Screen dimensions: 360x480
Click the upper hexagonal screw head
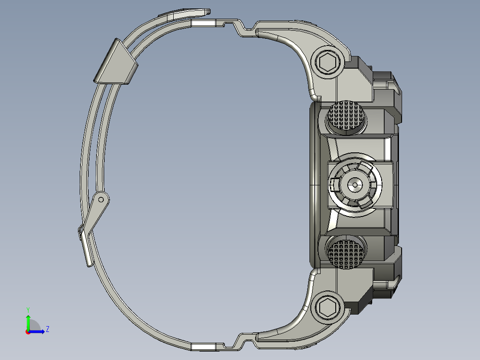click(329, 62)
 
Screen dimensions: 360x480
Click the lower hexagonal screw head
click(329, 307)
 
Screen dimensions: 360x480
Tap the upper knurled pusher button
click(347, 117)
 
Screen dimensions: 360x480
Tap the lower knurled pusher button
click(347, 252)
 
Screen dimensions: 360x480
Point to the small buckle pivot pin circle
click(101, 199)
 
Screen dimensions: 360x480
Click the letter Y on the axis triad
click(28, 309)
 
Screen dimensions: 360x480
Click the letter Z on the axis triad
click(47, 329)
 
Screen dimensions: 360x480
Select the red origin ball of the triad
click(28, 332)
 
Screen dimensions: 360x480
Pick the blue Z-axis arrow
click(38, 331)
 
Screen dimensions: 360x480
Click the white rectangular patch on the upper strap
click(203, 24)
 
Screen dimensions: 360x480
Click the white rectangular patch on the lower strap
click(203, 347)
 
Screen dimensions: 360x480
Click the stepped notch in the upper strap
click(239, 27)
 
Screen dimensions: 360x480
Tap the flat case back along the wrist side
click(313, 184)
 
